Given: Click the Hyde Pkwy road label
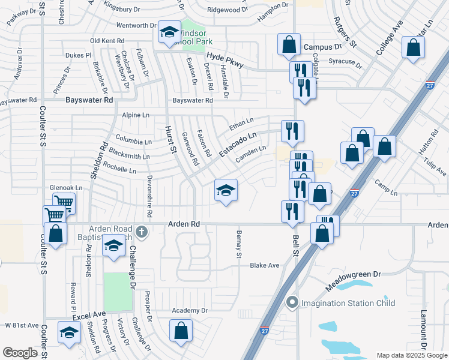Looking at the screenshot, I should [x=224, y=59].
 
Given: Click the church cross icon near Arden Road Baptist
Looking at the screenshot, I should [x=141, y=232].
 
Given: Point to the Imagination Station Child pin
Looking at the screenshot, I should [x=292, y=302].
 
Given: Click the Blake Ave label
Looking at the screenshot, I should [x=265, y=265].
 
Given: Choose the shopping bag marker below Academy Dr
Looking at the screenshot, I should [x=181, y=331].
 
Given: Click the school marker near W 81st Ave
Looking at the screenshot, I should [x=69, y=332].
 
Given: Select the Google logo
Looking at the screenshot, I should [x=20, y=353].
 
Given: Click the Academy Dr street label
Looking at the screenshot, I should [x=189, y=310].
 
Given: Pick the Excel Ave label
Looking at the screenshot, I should [x=89, y=315].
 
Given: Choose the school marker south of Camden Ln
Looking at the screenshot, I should [x=226, y=191].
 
